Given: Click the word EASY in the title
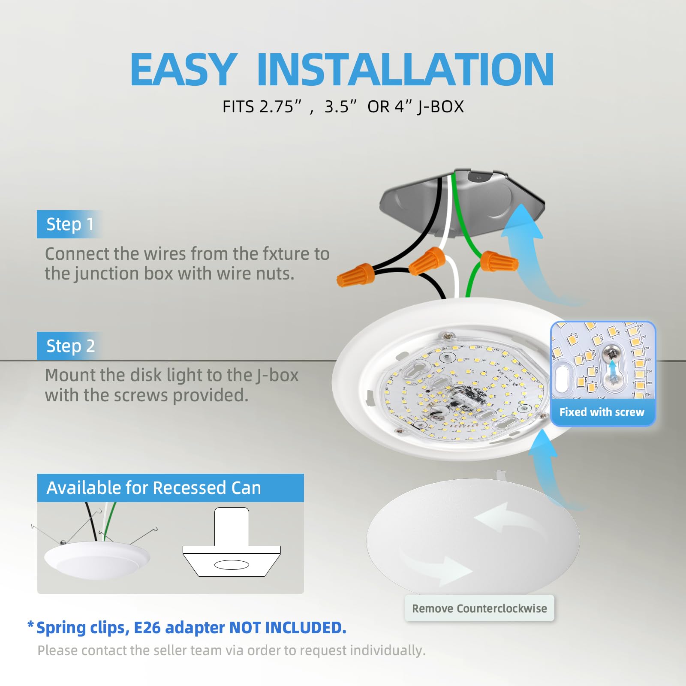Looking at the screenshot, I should click(183, 69).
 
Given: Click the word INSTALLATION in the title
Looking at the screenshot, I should click(405, 69).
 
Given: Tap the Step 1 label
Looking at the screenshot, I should click(69, 224).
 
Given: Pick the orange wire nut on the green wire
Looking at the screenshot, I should click(499, 261).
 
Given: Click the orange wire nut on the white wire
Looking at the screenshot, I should click(427, 260).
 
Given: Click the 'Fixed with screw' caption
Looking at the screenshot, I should click(602, 412).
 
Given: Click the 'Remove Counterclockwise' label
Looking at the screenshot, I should click(479, 608).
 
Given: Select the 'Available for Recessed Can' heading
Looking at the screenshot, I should click(153, 488).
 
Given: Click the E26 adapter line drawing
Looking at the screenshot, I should click(232, 547).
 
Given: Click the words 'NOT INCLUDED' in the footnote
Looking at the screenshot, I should click(288, 628).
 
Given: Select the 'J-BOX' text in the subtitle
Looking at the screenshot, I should click(440, 107).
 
